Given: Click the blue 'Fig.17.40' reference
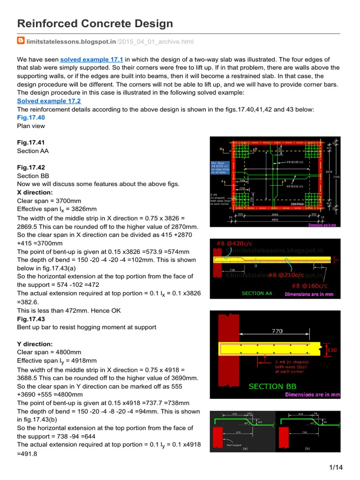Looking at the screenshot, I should (30, 117).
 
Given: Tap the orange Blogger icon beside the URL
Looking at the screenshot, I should (21, 41).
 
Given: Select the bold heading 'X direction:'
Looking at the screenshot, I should (35, 192).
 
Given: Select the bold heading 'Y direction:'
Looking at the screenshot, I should (35, 344).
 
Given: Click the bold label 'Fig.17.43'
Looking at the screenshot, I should (30, 318).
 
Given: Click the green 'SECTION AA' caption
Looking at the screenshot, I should (257, 293).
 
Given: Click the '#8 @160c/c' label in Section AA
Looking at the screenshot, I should (308, 285).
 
